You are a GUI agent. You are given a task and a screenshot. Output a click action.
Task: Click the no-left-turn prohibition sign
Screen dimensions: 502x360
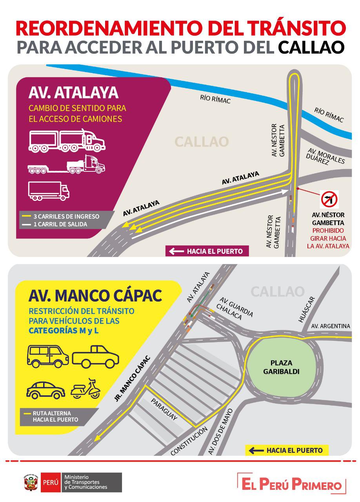329,199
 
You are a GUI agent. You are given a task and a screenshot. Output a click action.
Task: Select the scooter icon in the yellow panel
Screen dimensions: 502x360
86,389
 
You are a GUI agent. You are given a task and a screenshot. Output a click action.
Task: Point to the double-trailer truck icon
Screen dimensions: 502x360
67,140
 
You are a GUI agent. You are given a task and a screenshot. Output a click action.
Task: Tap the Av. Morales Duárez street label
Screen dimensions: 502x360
325,157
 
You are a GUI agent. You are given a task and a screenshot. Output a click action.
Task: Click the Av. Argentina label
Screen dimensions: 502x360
330,326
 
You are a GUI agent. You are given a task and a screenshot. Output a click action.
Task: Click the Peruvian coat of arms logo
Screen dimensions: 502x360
31,482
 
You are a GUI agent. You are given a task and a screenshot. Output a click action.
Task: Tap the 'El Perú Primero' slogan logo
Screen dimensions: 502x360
292,484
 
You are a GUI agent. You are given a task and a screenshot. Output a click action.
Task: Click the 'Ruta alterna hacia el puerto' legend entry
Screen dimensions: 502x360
55,416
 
